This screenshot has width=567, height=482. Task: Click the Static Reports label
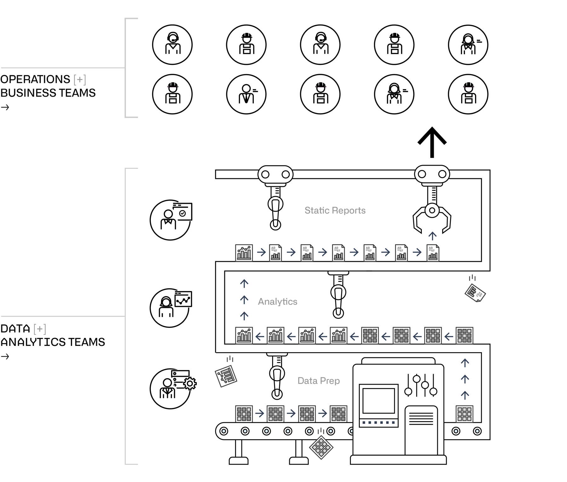pos(335,210)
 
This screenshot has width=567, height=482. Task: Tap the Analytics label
pos(278,301)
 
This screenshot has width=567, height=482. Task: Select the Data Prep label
pos(318,381)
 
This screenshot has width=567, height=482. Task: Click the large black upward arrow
pos(432,142)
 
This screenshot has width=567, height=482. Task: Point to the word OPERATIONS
pos(35,79)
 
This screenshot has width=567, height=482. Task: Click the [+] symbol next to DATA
pos(40,329)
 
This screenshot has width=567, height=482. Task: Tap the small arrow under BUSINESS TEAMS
pos(5,107)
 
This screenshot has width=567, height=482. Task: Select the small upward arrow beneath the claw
pos(432,236)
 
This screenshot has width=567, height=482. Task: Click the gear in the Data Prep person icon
pos(190,383)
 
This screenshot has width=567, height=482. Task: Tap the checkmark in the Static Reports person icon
pos(182,214)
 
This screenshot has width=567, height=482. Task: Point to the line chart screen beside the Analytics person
pos(183,299)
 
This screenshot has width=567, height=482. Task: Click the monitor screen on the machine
pos(379,400)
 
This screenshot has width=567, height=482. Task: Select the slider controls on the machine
pos(421,385)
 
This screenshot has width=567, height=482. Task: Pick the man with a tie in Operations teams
pos(246,94)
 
